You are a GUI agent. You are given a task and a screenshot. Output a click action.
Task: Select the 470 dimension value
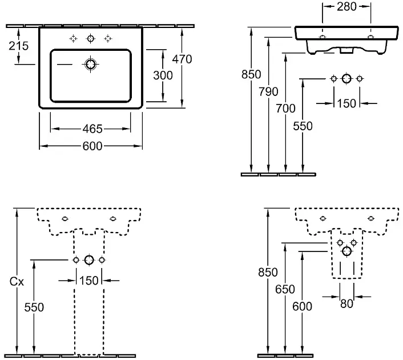pyautogui.click(x=182, y=59)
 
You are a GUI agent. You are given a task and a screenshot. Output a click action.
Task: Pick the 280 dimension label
pyautogui.click(x=347, y=7)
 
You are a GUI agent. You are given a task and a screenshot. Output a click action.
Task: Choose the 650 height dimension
pyautogui.click(x=284, y=289)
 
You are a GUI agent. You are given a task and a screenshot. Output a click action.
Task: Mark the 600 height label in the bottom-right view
pyautogui.click(x=303, y=306)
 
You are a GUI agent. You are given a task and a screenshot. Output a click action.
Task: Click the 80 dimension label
pyautogui.click(x=347, y=303)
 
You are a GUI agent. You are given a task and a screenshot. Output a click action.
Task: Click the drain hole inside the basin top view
pyautogui.click(x=90, y=65)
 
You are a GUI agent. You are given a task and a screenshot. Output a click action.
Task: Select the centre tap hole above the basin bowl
pyautogui.click(x=90, y=39)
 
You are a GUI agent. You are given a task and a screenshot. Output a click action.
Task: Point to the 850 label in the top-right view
pyautogui.click(x=251, y=75)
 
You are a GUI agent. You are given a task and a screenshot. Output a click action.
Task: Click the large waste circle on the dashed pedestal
pyautogui.click(x=88, y=260)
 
